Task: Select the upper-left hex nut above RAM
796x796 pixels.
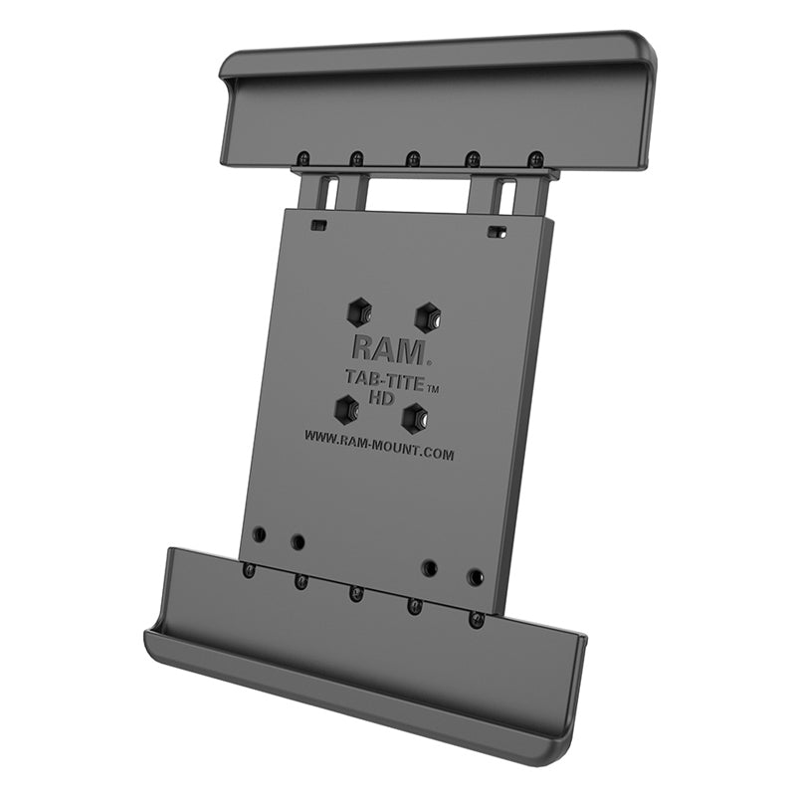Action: click(359, 313)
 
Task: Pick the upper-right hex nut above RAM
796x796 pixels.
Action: click(428, 317)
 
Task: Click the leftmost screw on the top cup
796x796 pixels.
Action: click(299, 156)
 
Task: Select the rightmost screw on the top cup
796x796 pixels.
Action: click(535, 159)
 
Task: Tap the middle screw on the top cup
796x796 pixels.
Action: click(413, 158)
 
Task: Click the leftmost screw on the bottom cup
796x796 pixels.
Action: click(248, 569)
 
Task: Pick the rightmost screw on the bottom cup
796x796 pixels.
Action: click(477, 619)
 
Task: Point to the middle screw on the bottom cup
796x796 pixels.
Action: click(355, 594)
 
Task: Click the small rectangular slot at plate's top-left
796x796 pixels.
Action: click(318, 225)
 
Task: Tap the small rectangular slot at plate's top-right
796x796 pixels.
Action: click(495, 232)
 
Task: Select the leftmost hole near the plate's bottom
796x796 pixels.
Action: click(259, 534)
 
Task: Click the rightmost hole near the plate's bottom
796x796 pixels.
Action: click(476, 577)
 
